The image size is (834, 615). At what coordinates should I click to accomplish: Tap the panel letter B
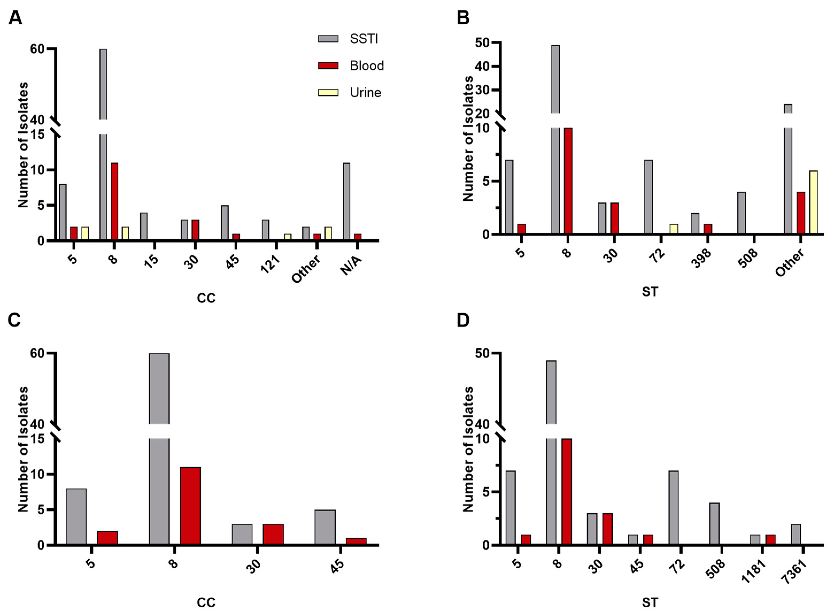pyautogui.click(x=463, y=17)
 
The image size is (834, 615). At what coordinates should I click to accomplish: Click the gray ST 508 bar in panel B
pyautogui.click(x=741, y=213)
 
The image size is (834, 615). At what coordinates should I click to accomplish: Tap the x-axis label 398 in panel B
pyautogui.click(x=701, y=258)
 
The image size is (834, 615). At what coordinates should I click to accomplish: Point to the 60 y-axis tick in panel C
pyautogui.click(x=37, y=353)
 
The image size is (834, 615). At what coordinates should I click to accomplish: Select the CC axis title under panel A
pyautogui.click(x=206, y=298)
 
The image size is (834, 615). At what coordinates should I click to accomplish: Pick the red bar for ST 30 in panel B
pyautogui.click(x=614, y=219)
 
